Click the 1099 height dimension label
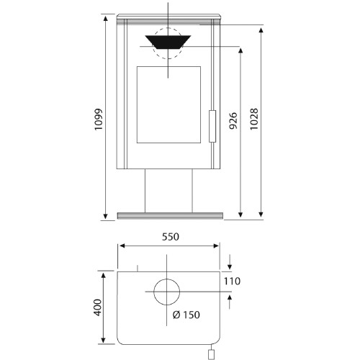click(x=99, y=120)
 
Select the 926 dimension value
click(x=233, y=121)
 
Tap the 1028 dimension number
click(x=254, y=120)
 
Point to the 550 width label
click(x=171, y=237)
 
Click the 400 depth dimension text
click(x=98, y=307)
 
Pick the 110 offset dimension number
click(x=232, y=281)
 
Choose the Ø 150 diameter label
click(x=186, y=315)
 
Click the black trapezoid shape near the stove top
click(x=168, y=42)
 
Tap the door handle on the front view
click(x=212, y=126)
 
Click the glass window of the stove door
click(x=168, y=104)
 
